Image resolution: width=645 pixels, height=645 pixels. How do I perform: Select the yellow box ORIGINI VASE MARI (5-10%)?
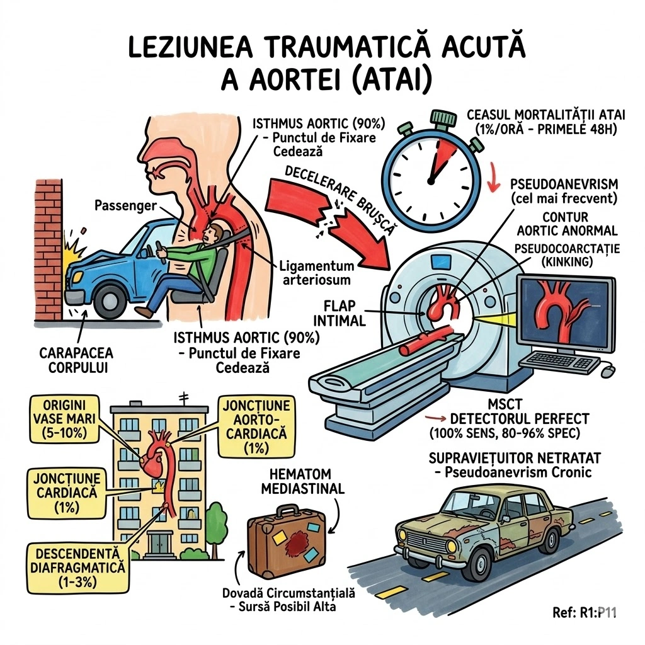pyautogui.click(x=64, y=419)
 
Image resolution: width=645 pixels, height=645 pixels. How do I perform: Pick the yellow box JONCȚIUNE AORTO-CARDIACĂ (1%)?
pyautogui.click(x=256, y=426)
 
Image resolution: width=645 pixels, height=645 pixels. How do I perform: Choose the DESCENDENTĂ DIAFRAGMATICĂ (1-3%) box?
pyautogui.click(x=78, y=568)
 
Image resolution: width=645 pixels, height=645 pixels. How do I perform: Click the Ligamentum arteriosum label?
pyautogui.click(x=316, y=273)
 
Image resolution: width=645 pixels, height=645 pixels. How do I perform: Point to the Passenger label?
pyautogui.click(x=125, y=205)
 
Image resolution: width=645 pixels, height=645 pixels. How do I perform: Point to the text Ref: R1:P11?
pyautogui.click(x=585, y=612)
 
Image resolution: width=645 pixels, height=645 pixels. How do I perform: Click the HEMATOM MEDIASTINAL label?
pyautogui.click(x=302, y=481)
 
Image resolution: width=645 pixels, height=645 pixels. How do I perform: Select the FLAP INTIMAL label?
pyautogui.click(x=340, y=313)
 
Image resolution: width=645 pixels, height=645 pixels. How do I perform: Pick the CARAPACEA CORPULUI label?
pyautogui.click(x=76, y=360)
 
